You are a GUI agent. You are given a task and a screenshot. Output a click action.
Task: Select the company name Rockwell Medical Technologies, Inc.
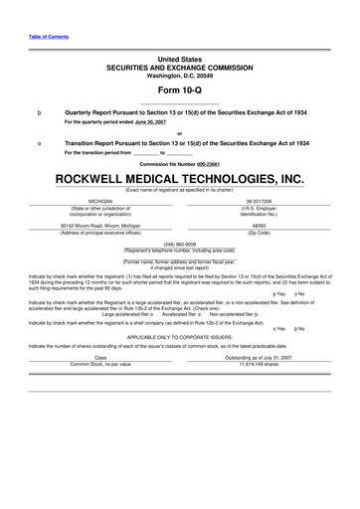pos(179,179)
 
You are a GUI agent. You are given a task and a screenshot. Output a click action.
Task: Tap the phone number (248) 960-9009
pos(179,244)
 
